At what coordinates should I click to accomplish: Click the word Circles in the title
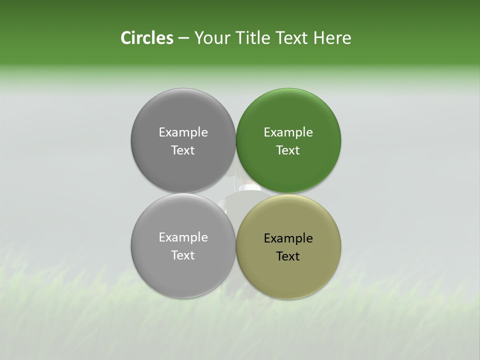146,38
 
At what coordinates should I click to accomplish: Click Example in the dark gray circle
183,132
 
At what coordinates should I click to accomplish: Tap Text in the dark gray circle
183,150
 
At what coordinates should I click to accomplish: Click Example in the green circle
288,132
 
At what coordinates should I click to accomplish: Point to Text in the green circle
288,150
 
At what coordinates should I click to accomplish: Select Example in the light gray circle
183,237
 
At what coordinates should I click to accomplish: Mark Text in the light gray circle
183,255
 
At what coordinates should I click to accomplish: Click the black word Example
288,238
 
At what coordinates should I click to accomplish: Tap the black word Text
288,256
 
